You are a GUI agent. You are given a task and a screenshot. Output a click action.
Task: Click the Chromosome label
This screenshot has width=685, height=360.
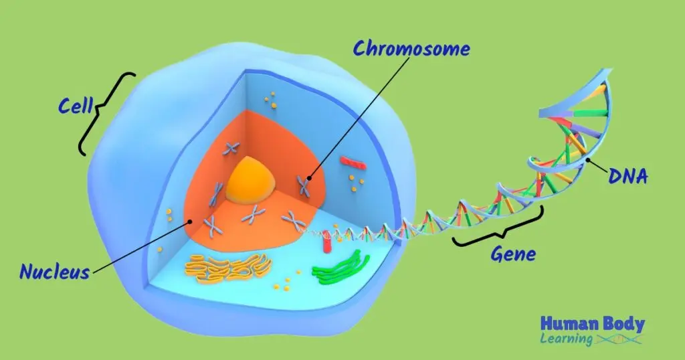[411, 50]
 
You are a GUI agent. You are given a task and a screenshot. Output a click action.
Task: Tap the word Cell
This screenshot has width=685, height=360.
[74, 106]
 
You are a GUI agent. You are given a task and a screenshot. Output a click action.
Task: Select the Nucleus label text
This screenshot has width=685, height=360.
[54, 272]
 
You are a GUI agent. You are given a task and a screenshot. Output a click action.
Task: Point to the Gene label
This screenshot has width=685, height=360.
[513, 254]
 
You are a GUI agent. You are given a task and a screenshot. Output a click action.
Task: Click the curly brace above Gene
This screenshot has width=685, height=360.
[498, 230]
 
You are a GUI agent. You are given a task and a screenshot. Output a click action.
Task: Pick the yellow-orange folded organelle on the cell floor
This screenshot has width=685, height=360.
[227, 266]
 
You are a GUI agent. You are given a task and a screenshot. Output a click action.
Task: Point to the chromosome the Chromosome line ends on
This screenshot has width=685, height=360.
[304, 186]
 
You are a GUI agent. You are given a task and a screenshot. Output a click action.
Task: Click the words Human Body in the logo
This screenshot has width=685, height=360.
[593, 325]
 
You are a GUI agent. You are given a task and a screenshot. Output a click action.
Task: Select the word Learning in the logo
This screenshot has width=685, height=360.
[566, 339]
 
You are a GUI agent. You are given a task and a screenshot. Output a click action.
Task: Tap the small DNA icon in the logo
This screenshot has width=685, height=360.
[619, 339]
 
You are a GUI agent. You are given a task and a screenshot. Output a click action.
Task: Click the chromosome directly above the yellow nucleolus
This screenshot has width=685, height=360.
[231, 148]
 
